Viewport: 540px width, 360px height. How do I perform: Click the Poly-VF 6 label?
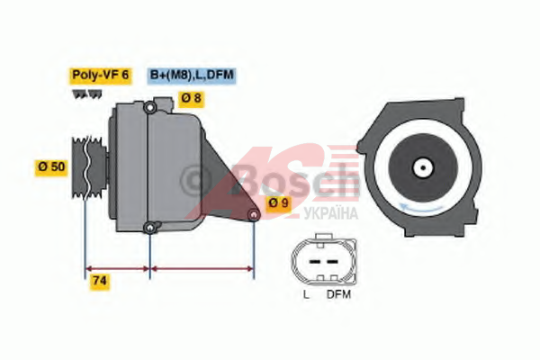(100, 76)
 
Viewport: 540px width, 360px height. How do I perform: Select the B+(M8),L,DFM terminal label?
(192, 76)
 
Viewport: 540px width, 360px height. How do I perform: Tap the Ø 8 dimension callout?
(191, 99)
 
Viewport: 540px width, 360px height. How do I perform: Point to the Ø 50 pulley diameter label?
(51, 167)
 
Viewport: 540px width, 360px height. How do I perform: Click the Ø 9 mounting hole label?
(279, 202)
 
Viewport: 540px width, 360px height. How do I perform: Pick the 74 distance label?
(100, 281)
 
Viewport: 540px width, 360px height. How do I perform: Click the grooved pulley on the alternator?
(88, 167)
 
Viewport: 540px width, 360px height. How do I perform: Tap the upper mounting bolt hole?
(149, 108)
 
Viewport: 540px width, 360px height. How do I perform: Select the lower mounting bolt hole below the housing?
(149, 228)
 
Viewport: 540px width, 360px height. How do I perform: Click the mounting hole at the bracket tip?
(254, 215)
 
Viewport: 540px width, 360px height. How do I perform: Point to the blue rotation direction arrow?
(421, 208)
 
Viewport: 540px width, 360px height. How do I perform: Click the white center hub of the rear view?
(423, 168)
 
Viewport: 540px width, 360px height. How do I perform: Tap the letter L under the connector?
(306, 295)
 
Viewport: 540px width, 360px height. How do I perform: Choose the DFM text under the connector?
(338, 295)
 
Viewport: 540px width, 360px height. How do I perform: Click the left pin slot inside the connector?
(315, 262)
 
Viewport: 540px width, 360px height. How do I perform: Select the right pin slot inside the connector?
(332, 262)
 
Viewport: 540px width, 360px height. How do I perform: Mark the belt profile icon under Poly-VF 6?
(87, 94)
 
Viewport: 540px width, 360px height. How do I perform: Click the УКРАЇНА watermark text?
(330, 213)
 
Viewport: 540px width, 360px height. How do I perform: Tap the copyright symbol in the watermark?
(195, 180)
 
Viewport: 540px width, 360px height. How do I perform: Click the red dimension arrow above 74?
(117, 269)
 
